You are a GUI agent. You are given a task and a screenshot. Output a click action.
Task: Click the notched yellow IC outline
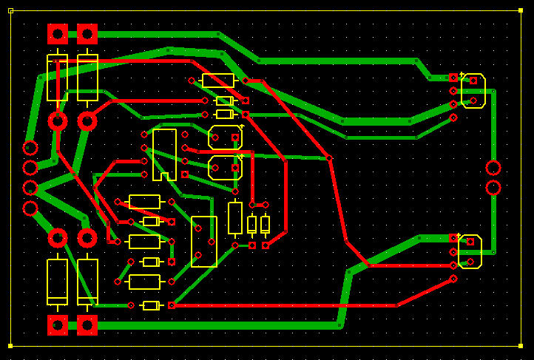(164, 154)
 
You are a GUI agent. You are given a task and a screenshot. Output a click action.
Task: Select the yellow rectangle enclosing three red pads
(204, 241)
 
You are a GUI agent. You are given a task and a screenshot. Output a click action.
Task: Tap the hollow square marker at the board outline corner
(10, 10)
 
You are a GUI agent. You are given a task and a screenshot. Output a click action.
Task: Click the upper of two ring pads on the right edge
(493, 168)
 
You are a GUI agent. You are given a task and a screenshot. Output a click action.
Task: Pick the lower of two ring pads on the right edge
(493, 187)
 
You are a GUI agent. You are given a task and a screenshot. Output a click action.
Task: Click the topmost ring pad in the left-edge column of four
(30, 148)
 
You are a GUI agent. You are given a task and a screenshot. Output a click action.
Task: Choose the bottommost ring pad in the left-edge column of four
(30, 208)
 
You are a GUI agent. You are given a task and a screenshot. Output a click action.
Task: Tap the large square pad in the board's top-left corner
(58, 34)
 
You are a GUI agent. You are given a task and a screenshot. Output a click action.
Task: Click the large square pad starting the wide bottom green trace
(87, 325)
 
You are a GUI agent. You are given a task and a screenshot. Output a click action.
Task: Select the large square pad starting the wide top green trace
(87, 34)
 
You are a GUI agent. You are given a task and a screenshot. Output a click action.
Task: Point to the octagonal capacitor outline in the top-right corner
(473, 91)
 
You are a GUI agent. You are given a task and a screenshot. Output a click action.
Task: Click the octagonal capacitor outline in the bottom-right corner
(470, 251)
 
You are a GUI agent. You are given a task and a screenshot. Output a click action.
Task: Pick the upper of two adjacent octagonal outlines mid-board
(226, 137)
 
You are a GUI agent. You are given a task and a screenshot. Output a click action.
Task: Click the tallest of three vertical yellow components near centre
(235, 218)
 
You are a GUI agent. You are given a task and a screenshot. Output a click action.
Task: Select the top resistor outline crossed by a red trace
(218, 81)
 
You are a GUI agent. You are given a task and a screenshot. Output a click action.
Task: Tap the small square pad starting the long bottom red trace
(172, 305)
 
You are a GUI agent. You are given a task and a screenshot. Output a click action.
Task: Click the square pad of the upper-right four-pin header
(453, 78)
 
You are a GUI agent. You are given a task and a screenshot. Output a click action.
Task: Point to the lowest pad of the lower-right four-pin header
(453, 279)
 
